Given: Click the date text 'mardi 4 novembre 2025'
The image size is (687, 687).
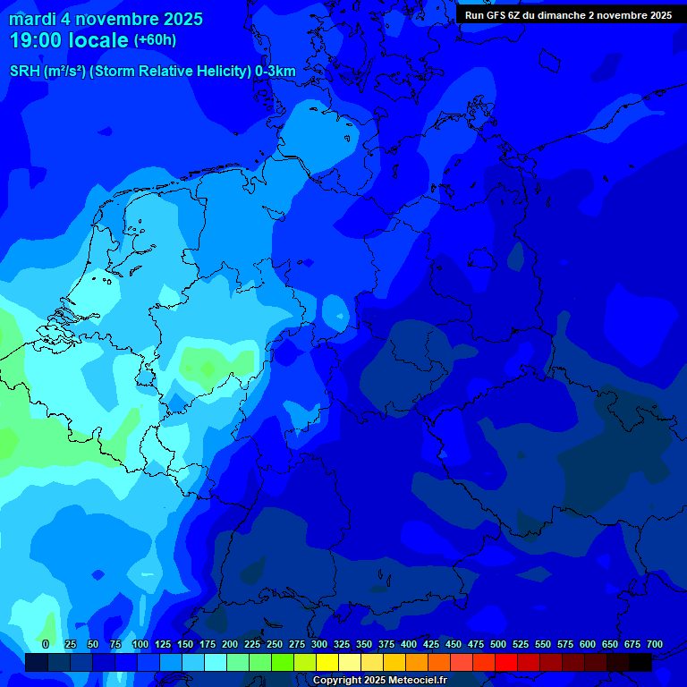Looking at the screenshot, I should (x=106, y=19).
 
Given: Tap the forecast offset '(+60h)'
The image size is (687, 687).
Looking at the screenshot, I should (x=155, y=40).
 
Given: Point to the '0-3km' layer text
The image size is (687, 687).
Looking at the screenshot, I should (x=276, y=71).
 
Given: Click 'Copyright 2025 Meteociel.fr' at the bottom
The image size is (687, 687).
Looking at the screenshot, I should (x=379, y=680).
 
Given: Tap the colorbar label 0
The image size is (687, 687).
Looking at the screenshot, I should (x=46, y=644).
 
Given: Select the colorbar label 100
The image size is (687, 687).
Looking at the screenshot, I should (x=140, y=644).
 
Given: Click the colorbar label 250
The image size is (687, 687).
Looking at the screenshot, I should (x=275, y=644).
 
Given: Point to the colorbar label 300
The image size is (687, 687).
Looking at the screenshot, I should (x=319, y=644).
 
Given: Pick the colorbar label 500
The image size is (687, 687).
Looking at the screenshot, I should (x=498, y=644).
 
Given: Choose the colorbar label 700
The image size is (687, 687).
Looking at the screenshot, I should (x=655, y=644).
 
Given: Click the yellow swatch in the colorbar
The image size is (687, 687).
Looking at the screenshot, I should (x=327, y=662).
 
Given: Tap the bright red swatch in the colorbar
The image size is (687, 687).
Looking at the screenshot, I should (x=506, y=662).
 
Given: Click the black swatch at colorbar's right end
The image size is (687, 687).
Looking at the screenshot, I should (x=640, y=662).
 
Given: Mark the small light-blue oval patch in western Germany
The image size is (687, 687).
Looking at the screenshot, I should (x=336, y=314).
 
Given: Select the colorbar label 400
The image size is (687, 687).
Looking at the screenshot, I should (x=409, y=644).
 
